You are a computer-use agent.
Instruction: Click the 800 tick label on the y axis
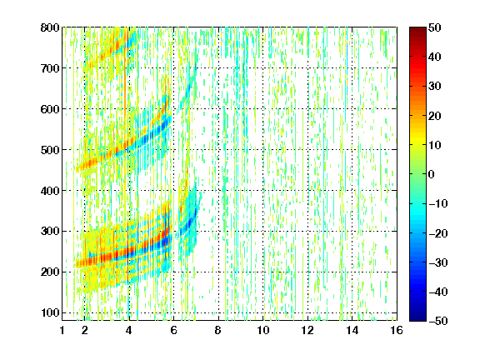pyautogui.click(x=50, y=27)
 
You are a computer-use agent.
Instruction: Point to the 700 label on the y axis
pyautogui.click(x=50, y=68)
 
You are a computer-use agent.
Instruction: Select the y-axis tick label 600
pyautogui.click(x=50, y=109)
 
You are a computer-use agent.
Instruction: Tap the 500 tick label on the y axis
pyautogui.click(x=50, y=150)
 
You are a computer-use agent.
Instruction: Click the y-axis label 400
pyautogui.click(x=50, y=191)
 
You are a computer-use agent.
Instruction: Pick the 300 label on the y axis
pyautogui.click(x=50, y=232)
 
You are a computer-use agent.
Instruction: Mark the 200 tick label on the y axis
pyautogui.click(x=50, y=272)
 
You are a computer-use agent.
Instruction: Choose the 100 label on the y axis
pyautogui.click(x=50, y=312)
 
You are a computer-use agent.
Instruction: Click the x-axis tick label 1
pyautogui.click(x=62, y=330)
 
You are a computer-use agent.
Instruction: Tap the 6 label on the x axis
pyautogui.click(x=173, y=330)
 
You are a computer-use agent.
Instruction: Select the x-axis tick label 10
pyautogui.click(x=263, y=330)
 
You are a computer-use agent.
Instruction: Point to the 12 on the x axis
pyautogui.click(x=307, y=330)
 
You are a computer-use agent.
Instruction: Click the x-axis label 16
pyautogui.click(x=397, y=330)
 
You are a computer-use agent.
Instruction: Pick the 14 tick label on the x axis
pyautogui.click(x=352, y=330)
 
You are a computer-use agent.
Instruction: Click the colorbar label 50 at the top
pyautogui.click(x=435, y=27)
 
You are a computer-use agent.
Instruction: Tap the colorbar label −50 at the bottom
pyautogui.click(x=437, y=321)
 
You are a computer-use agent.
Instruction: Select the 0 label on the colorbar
pyautogui.click(x=432, y=174)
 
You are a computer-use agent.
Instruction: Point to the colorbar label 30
pyautogui.click(x=435, y=87)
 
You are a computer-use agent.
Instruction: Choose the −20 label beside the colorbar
pyautogui.click(x=437, y=233)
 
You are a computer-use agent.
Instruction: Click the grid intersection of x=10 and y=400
pyautogui.click(x=263, y=190)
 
